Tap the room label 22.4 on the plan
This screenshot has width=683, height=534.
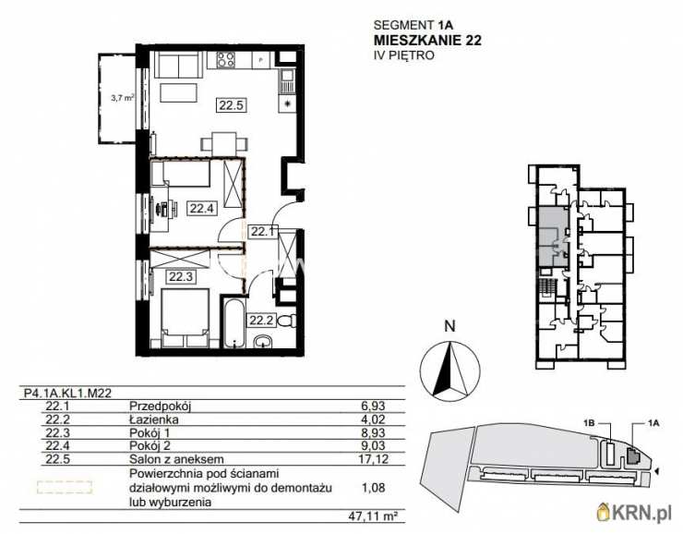click(201, 208)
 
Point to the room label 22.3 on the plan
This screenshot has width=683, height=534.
click(180, 275)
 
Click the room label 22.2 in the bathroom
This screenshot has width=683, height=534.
click(260, 321)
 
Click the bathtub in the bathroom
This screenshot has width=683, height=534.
click(233, 323)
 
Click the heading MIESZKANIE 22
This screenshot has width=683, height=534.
click(427, 40)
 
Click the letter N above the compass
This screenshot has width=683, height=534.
click(449, 325)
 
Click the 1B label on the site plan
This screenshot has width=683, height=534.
click(591, 423)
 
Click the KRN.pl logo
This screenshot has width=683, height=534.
click(637, 512)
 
